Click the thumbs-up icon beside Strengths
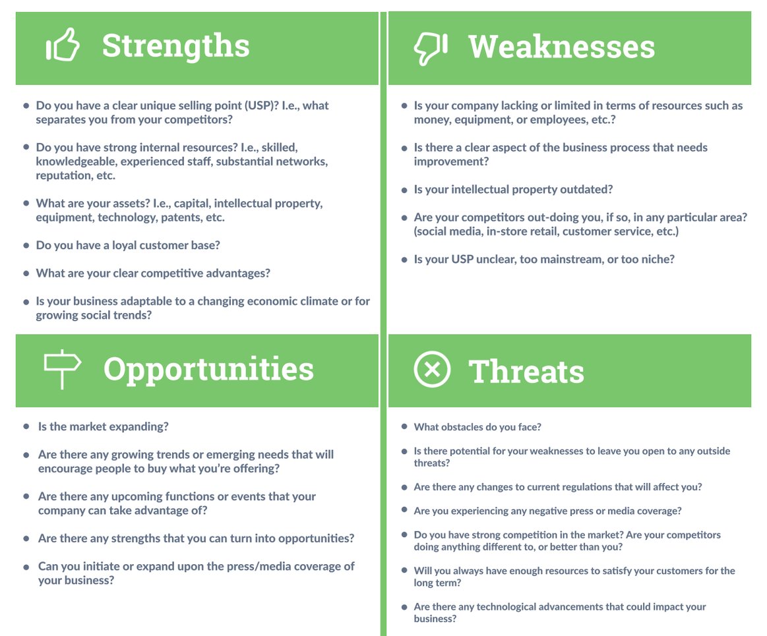pos(63,47)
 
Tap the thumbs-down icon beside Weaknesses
pos(430,47)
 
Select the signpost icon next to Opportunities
pos(62,368)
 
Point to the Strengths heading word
pos(175,46)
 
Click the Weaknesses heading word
pos(561,47)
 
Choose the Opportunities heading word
pos(208,369)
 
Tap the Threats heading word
pos(526,371)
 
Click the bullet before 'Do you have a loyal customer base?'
pos(26,245)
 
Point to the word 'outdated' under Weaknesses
pos(586,190)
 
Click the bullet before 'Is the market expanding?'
pos(26,426)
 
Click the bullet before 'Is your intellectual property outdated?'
pos(404,190)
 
